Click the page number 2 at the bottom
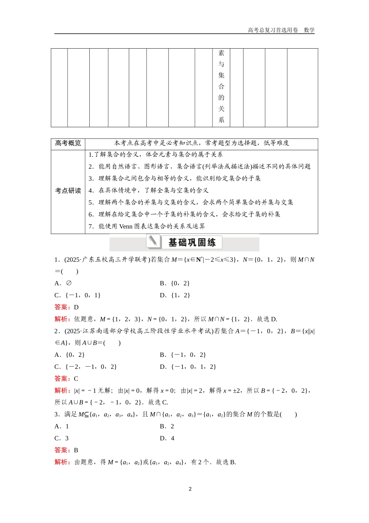(x=190, y=489)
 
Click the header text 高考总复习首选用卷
(x=273, y=30)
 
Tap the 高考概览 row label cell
(x=68, y=143)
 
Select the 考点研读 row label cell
(x=68, y=191)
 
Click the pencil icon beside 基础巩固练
(x=154, y=242)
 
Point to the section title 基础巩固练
(x=192, y=242)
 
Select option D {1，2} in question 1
(x=175, y=295)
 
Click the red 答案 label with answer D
(x=62, y=307)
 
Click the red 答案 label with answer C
(x=62, y=379)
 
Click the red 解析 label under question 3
(x=62, y=462)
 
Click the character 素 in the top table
(x=221, y=53)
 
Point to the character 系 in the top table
(x=221, y=120)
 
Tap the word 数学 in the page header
(x=309, y=30)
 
